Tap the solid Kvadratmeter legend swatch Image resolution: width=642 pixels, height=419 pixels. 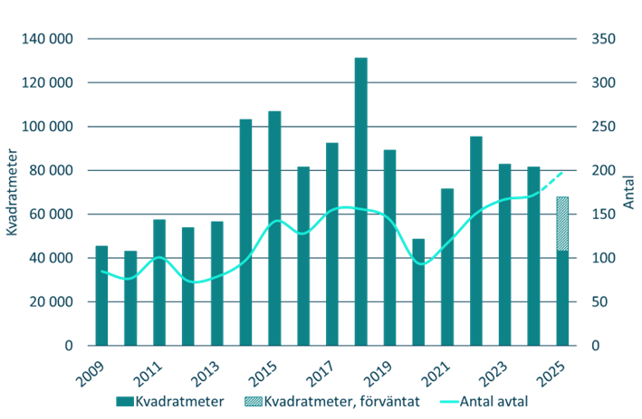[x=124, y=400]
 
